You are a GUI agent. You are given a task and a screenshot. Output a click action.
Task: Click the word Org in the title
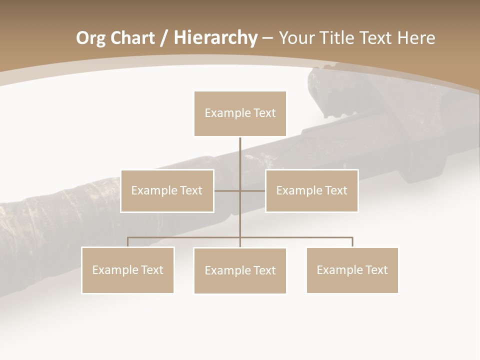coord(91,38)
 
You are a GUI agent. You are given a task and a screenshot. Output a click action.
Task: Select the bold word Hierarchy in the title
coord(215,38)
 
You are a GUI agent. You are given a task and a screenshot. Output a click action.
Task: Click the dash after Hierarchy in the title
coord(268,38)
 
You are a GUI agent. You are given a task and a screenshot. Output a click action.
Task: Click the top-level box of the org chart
coord(240,113)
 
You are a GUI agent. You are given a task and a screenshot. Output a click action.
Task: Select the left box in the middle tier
coord(167,191)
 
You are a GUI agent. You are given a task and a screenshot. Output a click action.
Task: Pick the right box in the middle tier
coord(311,191)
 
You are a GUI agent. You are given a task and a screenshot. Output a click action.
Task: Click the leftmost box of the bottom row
coord(128,270)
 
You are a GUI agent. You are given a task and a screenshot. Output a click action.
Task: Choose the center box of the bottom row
coord(240,271)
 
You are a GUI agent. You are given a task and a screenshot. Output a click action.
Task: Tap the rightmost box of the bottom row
coord(352,270)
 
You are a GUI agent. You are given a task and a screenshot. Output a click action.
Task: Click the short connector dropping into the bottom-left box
coord(127,242)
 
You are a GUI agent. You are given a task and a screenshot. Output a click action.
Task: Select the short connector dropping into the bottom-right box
coord(352,242)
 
